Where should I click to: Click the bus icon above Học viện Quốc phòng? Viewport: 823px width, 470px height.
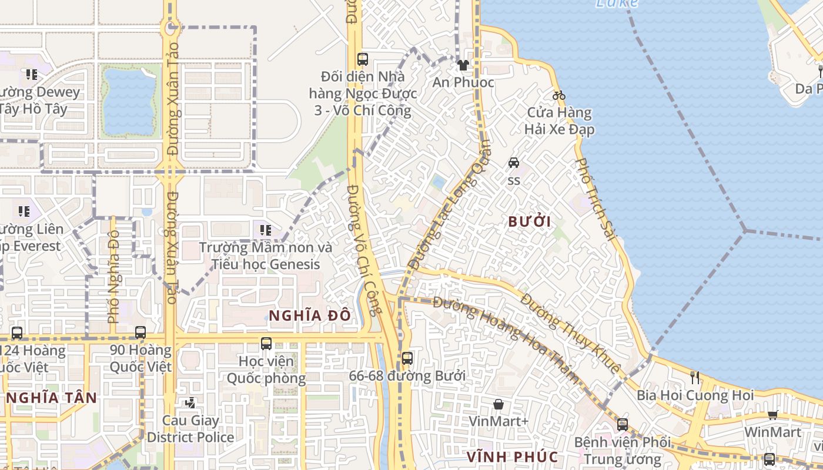(x=266, y=344)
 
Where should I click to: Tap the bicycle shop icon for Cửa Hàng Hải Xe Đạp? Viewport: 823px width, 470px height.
(x=559, y=95)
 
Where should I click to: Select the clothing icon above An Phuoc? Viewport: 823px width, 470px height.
(x=463, y=65)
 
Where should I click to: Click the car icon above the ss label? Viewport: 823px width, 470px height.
(x=514, y=162)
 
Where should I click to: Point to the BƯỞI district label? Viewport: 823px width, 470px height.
(x=530, y=222)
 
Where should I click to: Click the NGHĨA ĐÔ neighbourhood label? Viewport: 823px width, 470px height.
(x=310, y=316)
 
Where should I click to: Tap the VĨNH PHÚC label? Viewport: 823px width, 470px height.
(x=512, y=456)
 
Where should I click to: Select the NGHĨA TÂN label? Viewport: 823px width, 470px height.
(x=52, y=398)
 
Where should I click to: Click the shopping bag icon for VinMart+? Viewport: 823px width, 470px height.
(x=499, y=404)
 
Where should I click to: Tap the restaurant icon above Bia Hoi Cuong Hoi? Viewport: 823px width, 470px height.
(x=695, y=377)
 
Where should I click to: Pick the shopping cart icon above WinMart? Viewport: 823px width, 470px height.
(x=772, y=415)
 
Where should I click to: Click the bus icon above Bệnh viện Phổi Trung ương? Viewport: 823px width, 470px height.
(x=623, y=424)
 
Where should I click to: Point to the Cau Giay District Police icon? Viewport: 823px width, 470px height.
(x=190, y=403)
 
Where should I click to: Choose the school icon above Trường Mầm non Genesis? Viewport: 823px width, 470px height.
(x=265, y=230)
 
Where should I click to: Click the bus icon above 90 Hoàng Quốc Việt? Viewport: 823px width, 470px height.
(x=140, y=332)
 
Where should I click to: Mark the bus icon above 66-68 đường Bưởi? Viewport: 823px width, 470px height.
(x=407, y=358)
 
